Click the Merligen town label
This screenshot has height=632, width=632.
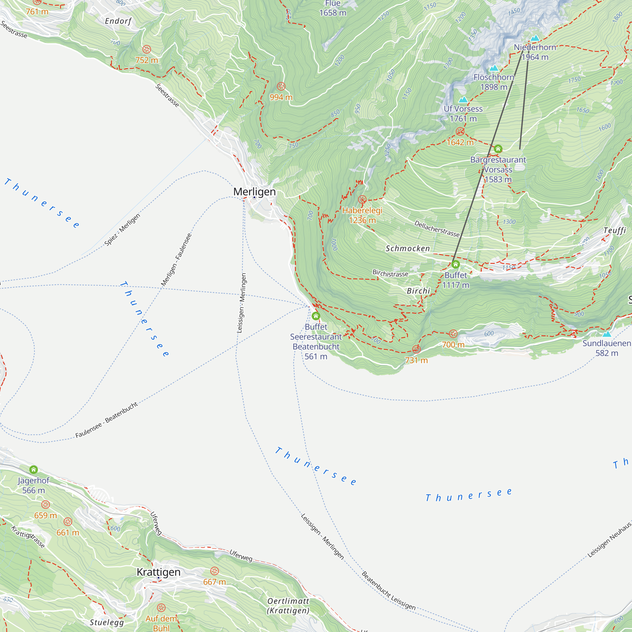[x=254, y=192]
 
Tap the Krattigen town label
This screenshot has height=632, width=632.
[x=158, y=572]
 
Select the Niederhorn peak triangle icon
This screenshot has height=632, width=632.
[x=535, y=38]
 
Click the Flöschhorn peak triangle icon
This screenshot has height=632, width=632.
[x=494, y=68]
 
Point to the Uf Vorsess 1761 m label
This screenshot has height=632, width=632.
[x=463, y=113]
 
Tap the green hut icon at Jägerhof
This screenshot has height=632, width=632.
[x=33, y=470]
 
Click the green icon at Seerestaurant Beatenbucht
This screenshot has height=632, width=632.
[x=316, y=316]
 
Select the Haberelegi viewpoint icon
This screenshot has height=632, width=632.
[x=362, y=199]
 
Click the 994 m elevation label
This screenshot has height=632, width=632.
[x=281, y=97]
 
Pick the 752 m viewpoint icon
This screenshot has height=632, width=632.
[x=147, y=49]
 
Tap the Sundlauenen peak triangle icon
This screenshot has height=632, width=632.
[x=606, y=334]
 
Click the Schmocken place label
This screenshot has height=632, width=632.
[x=408, y=249]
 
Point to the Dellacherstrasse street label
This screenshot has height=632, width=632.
[x=437, y=229]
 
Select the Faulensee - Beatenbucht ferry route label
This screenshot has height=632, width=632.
[x=106, y=420]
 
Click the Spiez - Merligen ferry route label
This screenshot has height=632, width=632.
[x=122, y=230]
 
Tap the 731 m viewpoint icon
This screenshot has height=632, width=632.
[x=416, y=349]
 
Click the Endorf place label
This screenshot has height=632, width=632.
[x=118, y=21]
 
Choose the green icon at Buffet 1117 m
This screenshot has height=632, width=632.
[x=455, y=264]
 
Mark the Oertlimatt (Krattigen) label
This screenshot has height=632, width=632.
[x=288, y=606]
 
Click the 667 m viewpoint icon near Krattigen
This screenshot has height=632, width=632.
[x=214, y=571]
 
